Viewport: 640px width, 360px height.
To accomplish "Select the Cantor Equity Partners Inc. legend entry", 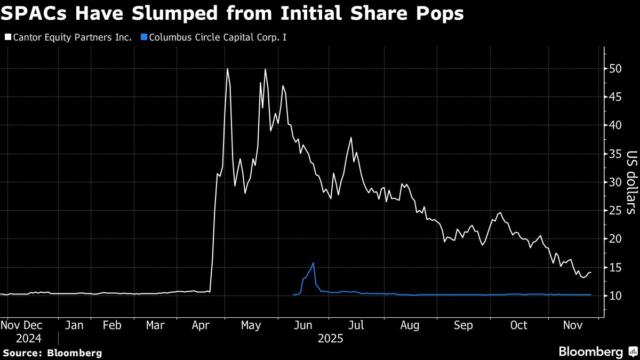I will [x=68, y=38].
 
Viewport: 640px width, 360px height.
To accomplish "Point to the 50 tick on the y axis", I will [x=616, y=69].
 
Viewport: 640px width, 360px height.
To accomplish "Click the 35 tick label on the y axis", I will [x=616, y=154].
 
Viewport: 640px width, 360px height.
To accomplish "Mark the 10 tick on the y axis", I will [x=616, y=295].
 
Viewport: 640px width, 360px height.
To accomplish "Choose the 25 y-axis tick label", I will [x=616, y=211].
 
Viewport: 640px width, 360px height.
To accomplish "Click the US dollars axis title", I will [x=631, y=182].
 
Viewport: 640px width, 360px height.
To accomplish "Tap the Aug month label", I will [x=410, y=325].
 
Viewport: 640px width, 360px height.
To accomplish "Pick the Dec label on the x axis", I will [x=35, y=325].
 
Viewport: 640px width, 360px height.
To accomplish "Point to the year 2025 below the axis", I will [x=331, y=338].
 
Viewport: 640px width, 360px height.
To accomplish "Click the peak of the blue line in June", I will [x=313, y=263].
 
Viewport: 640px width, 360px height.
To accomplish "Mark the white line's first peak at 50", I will [x=227, y=69].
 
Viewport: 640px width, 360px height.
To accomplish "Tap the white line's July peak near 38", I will [x=351, y=138].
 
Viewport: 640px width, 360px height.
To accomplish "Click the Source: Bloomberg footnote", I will [x=52, y=353].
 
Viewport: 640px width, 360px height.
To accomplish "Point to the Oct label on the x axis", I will [x=519, y=325].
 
